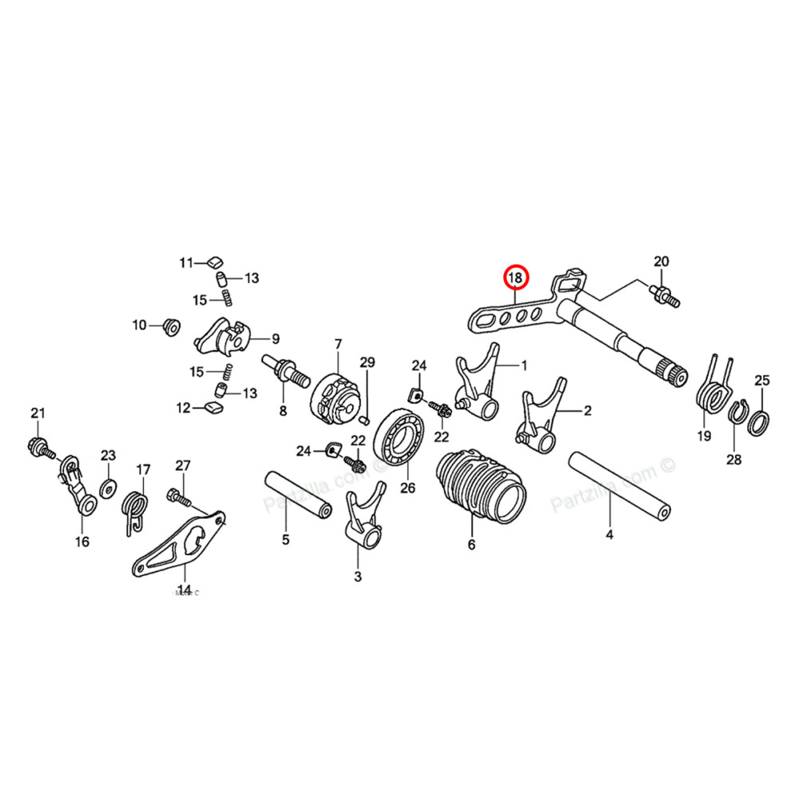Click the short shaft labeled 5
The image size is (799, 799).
point(298,496)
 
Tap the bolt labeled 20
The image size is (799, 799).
point(662,292)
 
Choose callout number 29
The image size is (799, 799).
point(367,363)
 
